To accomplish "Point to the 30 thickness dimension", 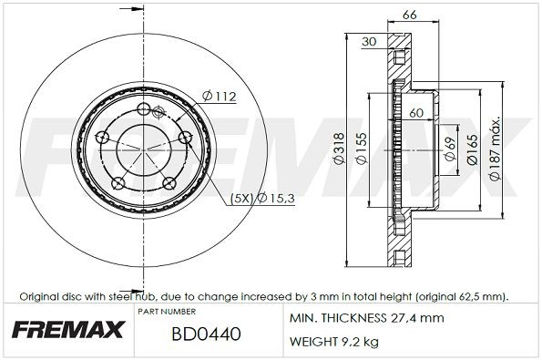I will click(x=369, y=41).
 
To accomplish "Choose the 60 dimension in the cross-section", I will click(x=416, y=114).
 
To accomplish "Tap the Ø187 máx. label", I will click(x=496, y=146).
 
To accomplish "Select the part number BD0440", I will click(x=207, y=334).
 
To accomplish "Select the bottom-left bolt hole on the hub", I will click(x=117, y=184).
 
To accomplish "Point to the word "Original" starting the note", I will click(x=39, y=297).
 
